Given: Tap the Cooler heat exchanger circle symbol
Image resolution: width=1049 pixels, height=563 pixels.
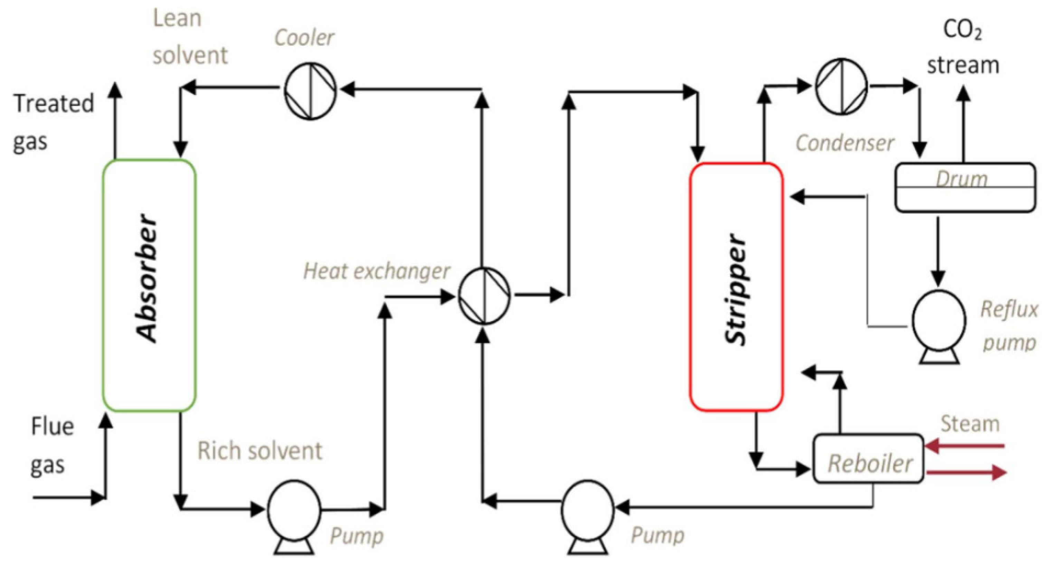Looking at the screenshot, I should [x=310, y=90].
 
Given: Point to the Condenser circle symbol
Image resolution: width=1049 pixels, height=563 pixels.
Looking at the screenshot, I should [x=841, y=86].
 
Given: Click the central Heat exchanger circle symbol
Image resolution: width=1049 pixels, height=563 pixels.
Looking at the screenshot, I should [x=484, y=296].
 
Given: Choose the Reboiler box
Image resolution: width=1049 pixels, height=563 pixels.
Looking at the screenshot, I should [x=868, y=459].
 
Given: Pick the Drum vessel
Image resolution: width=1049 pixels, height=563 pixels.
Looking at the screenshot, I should [x=965, y=187].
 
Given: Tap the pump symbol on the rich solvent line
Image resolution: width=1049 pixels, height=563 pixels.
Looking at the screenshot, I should [x=294, y=509].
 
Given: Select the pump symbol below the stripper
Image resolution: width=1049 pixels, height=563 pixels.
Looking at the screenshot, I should [x=587, y=509].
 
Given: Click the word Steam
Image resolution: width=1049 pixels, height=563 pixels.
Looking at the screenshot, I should [x=970, y=424].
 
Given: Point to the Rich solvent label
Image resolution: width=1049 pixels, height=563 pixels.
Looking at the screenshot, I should [x=260, y=451].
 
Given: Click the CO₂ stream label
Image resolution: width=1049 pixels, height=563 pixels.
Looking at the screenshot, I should [x=963, y=48].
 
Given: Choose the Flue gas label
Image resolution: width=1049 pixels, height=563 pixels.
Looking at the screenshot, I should [x=51, y=446].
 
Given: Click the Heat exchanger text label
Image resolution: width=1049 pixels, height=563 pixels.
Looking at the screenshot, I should [x=377, y=271].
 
